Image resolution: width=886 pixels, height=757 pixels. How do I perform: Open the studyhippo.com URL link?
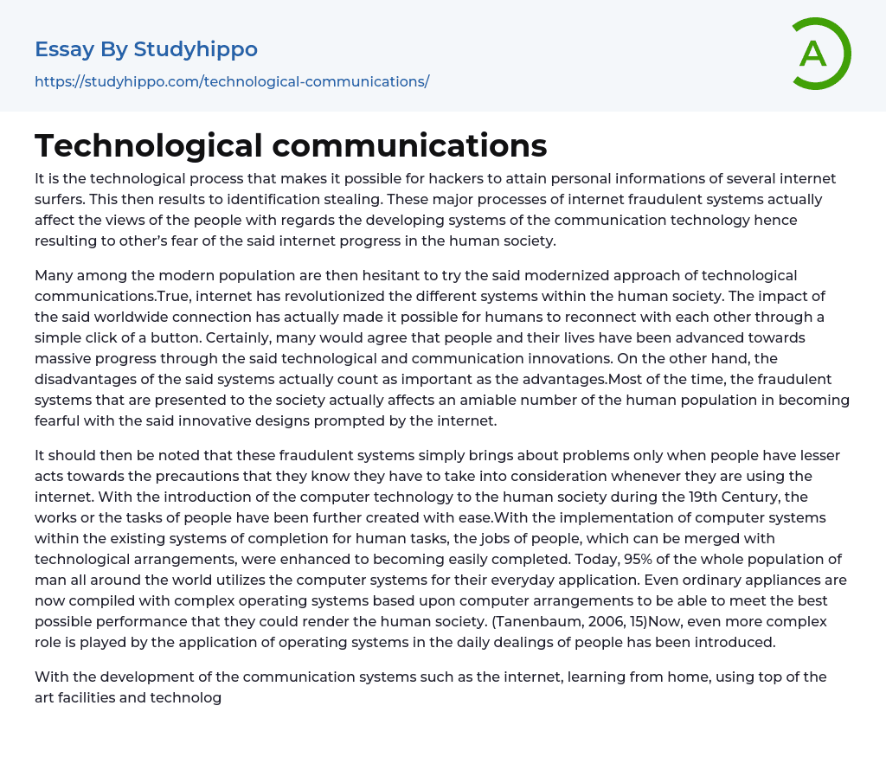(x=232, y=81)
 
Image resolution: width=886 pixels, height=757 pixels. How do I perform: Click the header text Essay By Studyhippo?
(x=146, y=49)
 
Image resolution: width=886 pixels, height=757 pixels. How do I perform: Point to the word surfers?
(x=60, y=199)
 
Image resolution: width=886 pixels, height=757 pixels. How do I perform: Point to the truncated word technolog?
(x=185, y=697)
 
